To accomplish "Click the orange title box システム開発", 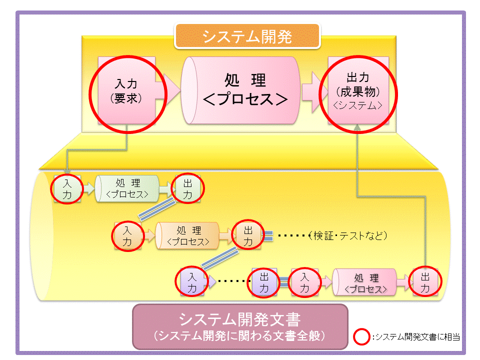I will (x=247, y=36).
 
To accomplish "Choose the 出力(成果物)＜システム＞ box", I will (x=358, y=90).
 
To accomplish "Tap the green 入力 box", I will (x=67, y=188).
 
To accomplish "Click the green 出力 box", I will (x=187, y=188).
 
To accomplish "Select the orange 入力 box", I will (x=127, y=236).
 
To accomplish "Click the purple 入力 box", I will (x=192, y=283).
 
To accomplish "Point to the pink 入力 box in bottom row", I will (x=305, y=283).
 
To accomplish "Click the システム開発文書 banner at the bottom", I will (x=240, y=326).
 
